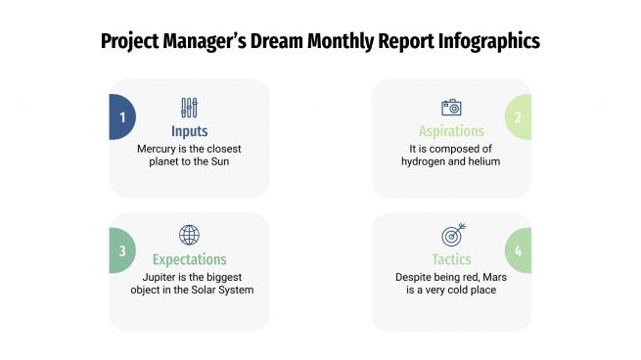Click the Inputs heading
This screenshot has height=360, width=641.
189,131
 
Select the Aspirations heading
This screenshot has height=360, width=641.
451,131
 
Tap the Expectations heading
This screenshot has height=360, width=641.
189,259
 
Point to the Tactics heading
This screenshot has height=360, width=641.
451,259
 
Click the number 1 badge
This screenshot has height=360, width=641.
122,117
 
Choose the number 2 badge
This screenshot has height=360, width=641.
518,117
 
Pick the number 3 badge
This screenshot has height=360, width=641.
122,250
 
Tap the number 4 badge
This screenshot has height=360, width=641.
518,250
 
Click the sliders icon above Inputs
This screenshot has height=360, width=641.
189,108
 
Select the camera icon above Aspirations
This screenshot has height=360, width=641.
451,108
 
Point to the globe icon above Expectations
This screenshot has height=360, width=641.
189,235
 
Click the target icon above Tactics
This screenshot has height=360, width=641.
451,235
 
